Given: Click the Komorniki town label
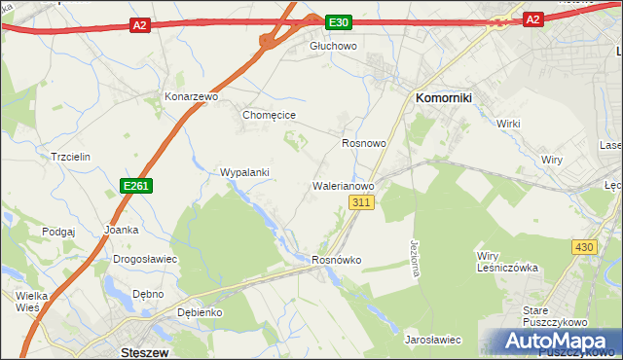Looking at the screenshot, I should tap(444, 98).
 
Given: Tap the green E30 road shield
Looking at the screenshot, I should tap(338, 22).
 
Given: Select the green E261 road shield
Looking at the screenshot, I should tap(136, 185).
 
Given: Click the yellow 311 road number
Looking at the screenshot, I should tap(361, 201).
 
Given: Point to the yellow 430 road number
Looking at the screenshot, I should tap(584, 247).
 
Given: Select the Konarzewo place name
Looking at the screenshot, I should tap(190, 98).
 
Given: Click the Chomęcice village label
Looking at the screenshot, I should tap(269, 115).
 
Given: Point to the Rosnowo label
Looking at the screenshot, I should tap(364, 143).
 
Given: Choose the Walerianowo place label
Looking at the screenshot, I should tap(343, 184).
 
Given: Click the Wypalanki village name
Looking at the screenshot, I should tap(244, 172).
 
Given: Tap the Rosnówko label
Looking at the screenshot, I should tap(337, 260).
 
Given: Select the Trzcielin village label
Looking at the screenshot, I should tap(70, 157).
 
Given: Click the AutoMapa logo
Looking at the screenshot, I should tap(550, 342).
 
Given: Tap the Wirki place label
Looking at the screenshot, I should tap(509, 124).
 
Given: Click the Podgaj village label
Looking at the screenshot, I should tap(58, 232).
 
